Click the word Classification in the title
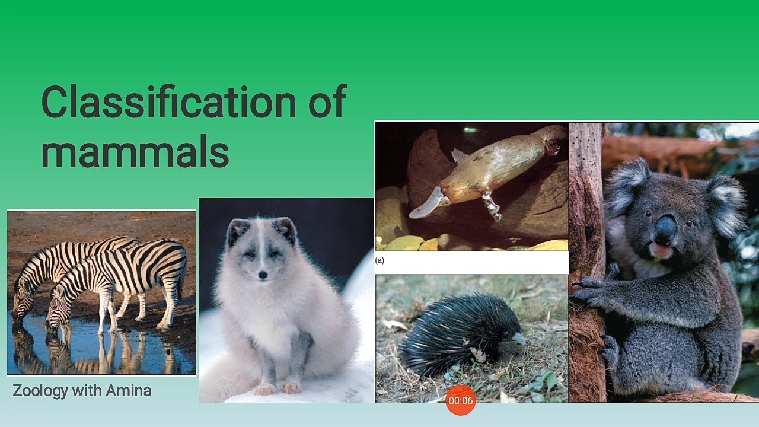[x=169, y=101]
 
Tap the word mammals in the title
[x=135, y=151]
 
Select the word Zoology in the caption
[x=40, y=391]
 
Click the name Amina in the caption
[x=129, y=390]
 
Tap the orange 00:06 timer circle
[x=461, y=400]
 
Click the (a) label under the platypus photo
[x=379, y=260]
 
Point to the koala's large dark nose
[x=665, y=231]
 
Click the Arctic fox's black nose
[x=263, y=275]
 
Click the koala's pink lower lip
[x=659, y=250]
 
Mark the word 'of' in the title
[x=327, y=101]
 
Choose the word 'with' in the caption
[x=87, y=390]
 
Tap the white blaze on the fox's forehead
[x=261, y=237]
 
